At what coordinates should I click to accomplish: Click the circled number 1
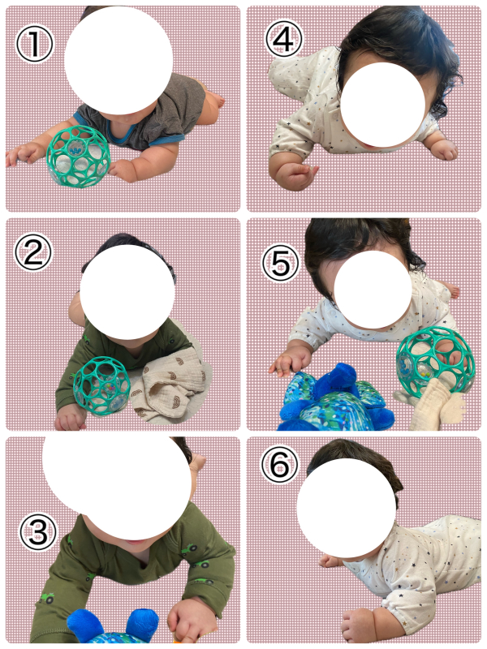(x=34, y=44)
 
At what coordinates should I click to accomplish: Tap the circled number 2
(x=33, y=252)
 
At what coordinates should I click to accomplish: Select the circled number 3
(x=38, y=532)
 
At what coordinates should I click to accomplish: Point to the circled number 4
(x=283, y=39)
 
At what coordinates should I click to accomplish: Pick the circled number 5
(x=281, y=263)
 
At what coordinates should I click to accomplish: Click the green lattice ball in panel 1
(x=78, y=157)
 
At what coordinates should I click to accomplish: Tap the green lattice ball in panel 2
(x=102, y=386)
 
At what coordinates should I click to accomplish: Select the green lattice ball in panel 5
(x=435, y=359)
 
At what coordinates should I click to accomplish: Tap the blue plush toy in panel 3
(x=113, y=627)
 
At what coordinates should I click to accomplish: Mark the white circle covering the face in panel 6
(x=347, y=509)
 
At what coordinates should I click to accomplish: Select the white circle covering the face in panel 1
(x=119, y=61)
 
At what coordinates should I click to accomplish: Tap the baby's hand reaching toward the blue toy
(x=289, y=361)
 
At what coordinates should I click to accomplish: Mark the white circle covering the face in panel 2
(x=127, y=292)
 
